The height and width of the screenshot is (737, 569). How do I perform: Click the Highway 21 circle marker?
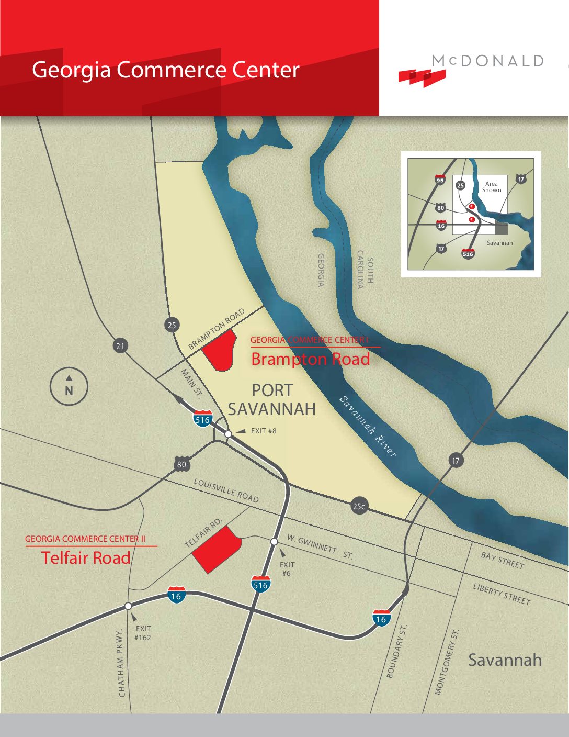121,346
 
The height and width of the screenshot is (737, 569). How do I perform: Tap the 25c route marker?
359,506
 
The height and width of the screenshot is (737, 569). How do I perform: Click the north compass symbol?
69,387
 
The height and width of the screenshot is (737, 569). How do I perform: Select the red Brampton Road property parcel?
219,350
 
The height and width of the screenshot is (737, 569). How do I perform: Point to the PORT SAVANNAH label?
272,399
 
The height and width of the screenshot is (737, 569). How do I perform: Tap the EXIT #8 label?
264,431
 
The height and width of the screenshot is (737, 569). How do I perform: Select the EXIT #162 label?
143,633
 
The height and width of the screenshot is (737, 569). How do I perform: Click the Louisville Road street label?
226,490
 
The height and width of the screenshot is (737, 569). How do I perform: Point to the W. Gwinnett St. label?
320,547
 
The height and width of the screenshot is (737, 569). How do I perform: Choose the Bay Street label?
502,560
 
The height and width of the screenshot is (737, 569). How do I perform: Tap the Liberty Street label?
502,594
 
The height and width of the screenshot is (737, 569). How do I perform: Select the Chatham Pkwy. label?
122,663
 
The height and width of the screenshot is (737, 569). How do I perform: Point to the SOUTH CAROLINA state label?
365,270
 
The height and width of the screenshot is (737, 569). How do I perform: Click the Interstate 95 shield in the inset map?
440,180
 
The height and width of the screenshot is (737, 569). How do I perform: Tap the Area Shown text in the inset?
491,187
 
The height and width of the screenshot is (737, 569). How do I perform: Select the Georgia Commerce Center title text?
165,70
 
